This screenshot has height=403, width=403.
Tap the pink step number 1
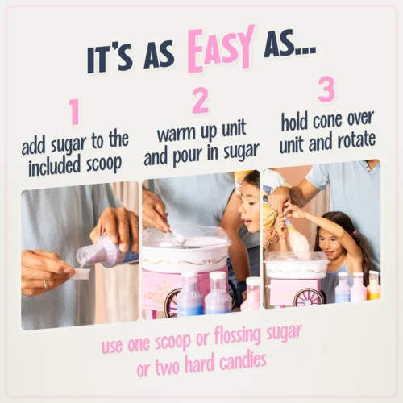74,112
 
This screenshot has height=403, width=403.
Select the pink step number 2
201,100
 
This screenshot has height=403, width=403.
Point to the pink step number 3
326,89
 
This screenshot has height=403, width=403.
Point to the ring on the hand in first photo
46,283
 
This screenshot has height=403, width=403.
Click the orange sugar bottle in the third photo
373,285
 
